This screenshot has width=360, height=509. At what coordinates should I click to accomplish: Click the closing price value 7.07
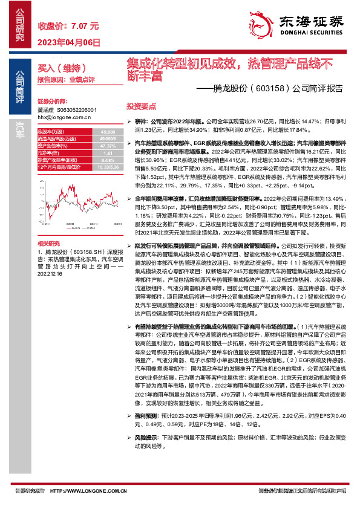[x=79, y=27]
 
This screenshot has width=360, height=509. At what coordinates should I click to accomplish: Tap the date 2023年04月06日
[x=69, y=42]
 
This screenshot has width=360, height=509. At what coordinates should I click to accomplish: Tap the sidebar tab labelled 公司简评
[x=19, y=88]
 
